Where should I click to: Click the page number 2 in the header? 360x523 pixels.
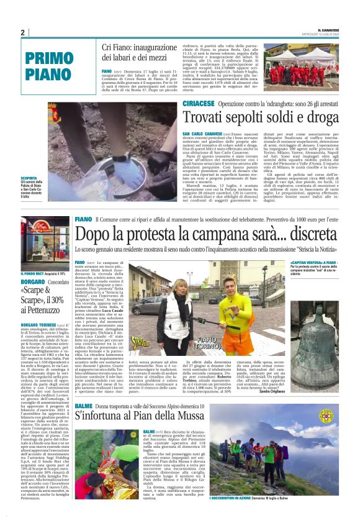[23, 32]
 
